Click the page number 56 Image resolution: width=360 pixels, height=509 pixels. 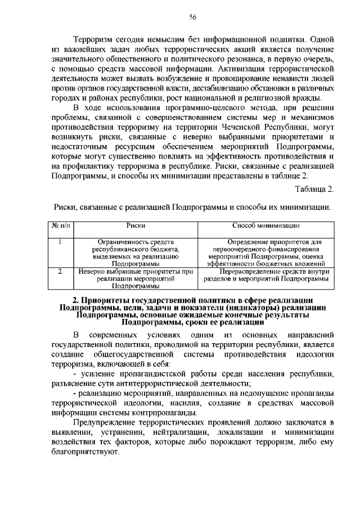tap(192, 17)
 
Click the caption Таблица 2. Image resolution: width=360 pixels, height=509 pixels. tap(315, 188)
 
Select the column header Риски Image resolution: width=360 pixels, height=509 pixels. tap(136, 226)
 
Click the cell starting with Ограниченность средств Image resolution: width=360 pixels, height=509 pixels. tap(136, 253)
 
